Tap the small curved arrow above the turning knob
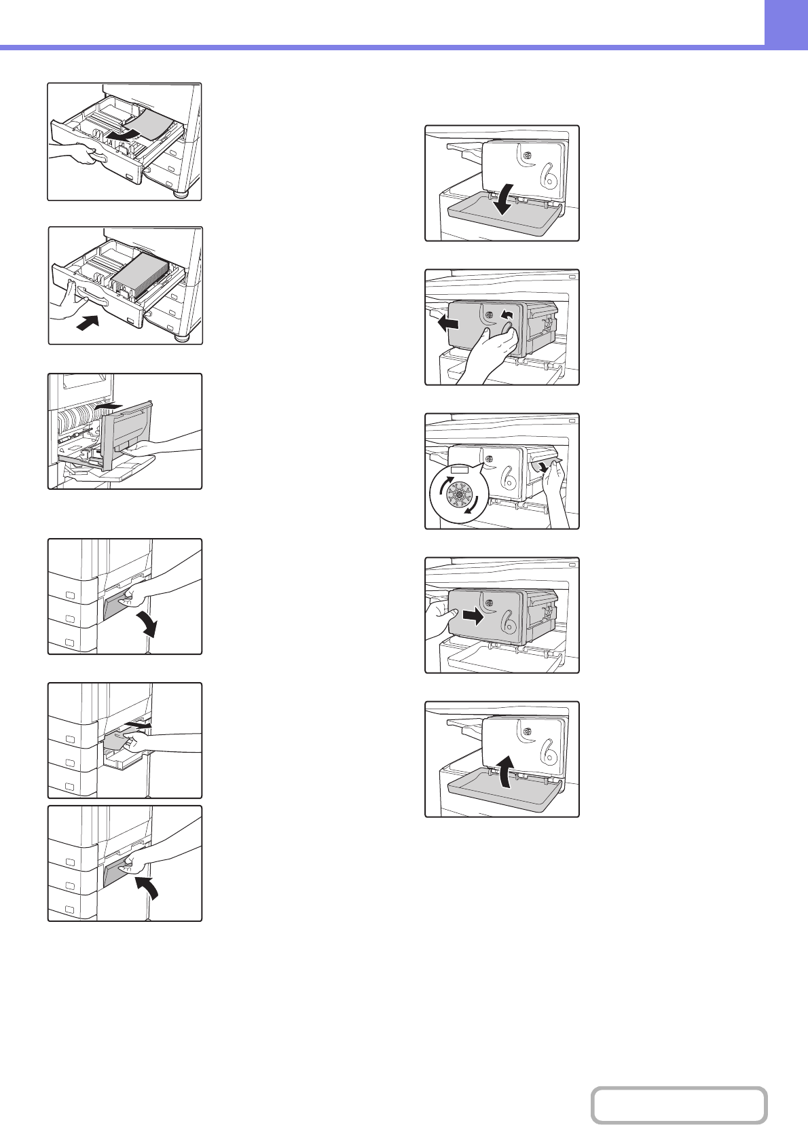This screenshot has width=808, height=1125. pyautogui.click(x=505, y=314)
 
